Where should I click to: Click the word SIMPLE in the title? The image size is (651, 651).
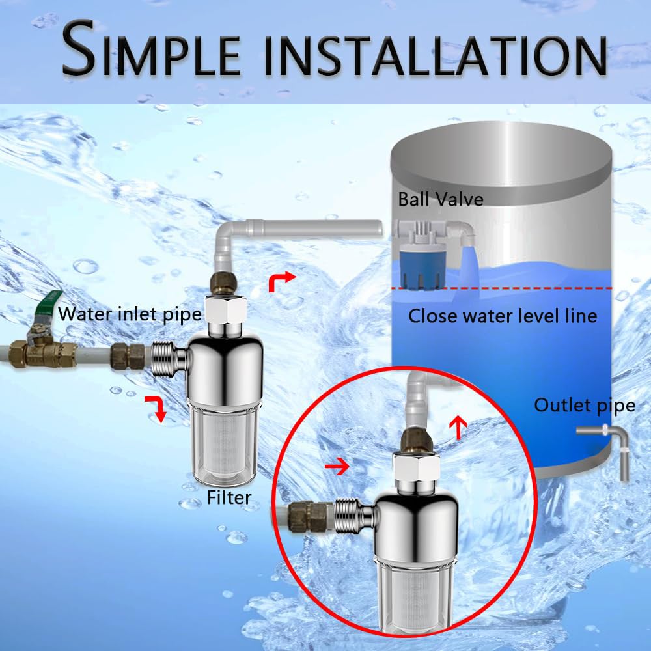[152, 49]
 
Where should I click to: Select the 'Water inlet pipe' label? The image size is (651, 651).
[130, 314]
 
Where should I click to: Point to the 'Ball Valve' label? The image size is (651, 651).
[441, 199]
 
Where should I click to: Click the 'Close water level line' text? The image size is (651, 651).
[503, 316]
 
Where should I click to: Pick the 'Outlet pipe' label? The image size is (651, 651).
[584, 406]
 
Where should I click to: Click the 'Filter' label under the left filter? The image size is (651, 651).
[229, 497]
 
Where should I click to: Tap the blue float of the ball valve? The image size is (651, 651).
[422, 266]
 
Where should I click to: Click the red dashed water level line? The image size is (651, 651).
[503, 288]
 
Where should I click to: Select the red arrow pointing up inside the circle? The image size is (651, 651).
[459, 427]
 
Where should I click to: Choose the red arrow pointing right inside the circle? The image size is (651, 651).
[337, 467]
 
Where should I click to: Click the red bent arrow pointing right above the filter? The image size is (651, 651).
[282, 282]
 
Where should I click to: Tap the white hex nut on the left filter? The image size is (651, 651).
[225, 309]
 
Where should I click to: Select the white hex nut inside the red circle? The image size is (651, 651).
[416, 467]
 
